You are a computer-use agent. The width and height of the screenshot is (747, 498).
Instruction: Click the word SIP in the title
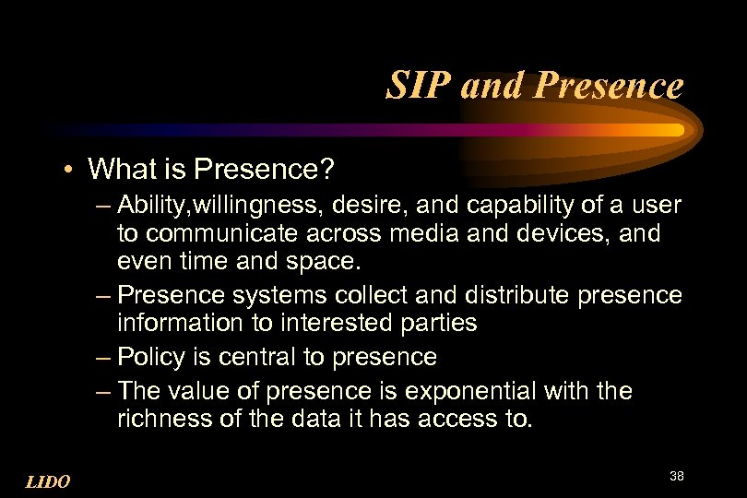pos(414,87)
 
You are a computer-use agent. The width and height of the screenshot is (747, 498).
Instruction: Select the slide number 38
pos(676,476)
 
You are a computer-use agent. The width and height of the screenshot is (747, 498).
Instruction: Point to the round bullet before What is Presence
pos(70,170)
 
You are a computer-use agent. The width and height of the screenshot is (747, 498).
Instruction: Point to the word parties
pos(436,322)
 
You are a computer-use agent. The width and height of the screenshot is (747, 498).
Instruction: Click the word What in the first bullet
pos(118,169)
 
